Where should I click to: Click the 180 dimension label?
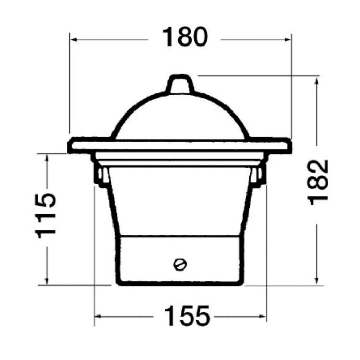point(185,37)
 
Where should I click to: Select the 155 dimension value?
point(187,316)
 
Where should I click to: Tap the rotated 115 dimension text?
point(46,216)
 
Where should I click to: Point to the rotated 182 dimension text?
point(318,182)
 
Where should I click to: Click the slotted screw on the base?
point(180,264)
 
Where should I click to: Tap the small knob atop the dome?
point(180,84)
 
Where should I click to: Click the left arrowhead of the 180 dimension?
point(74,40)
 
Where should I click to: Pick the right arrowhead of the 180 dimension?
point(288,40)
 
